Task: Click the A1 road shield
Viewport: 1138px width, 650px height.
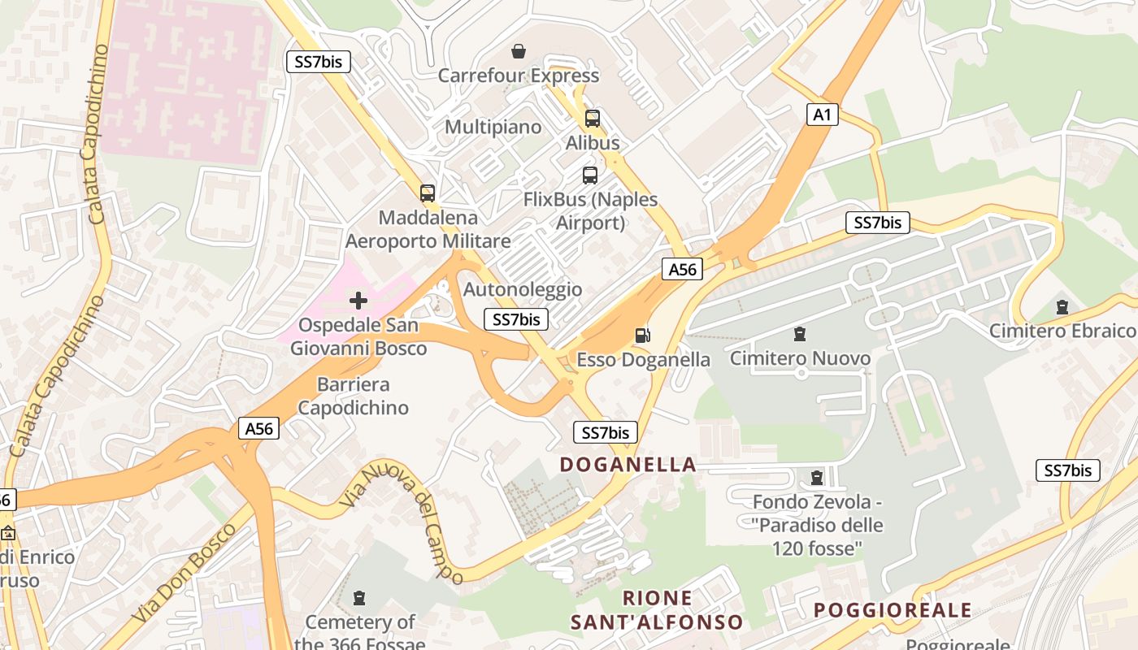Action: point(823,115)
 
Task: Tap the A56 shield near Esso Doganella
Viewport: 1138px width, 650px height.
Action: point(682,269)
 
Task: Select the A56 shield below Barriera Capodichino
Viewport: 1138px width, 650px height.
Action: point(259,428)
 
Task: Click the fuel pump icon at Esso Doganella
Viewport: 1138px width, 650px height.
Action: point(642,335)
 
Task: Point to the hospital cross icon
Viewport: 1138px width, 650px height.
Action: point(358,301)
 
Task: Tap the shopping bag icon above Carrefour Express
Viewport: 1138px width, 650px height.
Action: point(519,52)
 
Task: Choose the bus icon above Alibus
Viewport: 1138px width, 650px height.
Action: point(593,119)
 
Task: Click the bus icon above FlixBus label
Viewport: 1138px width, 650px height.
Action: point(590,175)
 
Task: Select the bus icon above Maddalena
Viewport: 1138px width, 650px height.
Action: point(428,193)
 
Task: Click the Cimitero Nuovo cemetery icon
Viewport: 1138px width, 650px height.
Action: point(800,334)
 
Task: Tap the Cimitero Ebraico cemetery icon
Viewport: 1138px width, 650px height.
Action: point(1062,307)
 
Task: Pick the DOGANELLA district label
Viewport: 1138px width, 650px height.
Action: point(628,465)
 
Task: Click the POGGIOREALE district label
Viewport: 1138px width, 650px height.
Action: point(893,610)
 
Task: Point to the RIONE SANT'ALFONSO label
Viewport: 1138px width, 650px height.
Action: point(657,610)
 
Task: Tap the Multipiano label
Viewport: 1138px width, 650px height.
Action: point(493,127)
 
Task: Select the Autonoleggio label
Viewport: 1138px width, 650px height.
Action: point(523,289)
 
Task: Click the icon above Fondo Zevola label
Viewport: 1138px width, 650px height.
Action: point(817,478)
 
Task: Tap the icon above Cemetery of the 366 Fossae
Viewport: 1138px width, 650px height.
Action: point(359,599)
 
